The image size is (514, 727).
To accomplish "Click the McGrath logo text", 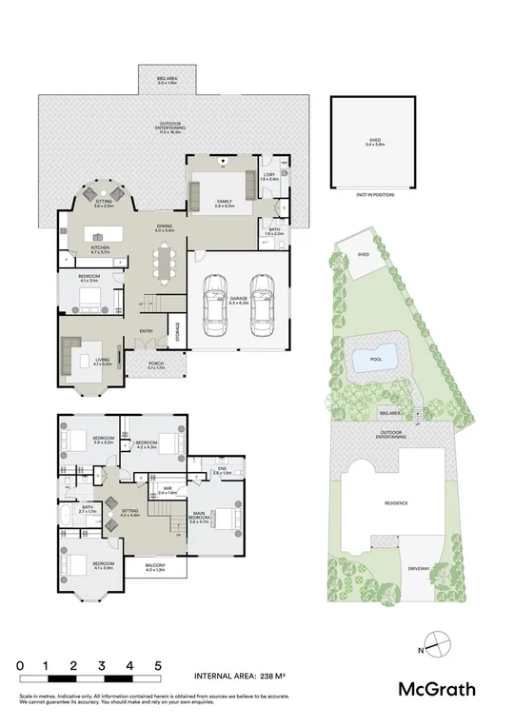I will (x=437, y=689).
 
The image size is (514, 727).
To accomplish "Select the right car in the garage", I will (x=260, y=302).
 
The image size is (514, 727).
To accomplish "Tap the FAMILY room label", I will (x=225, y=203).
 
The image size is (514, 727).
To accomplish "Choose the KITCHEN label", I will (x=101, y=249).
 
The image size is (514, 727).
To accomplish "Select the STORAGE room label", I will (x=177, y=330).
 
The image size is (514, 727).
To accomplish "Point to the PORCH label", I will (x=156, y=365).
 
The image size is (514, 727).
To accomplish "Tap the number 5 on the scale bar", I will (x=158, y=667).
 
